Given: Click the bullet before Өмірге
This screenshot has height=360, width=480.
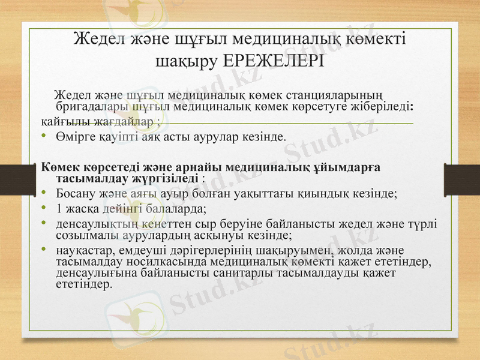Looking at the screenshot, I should (44, 137).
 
